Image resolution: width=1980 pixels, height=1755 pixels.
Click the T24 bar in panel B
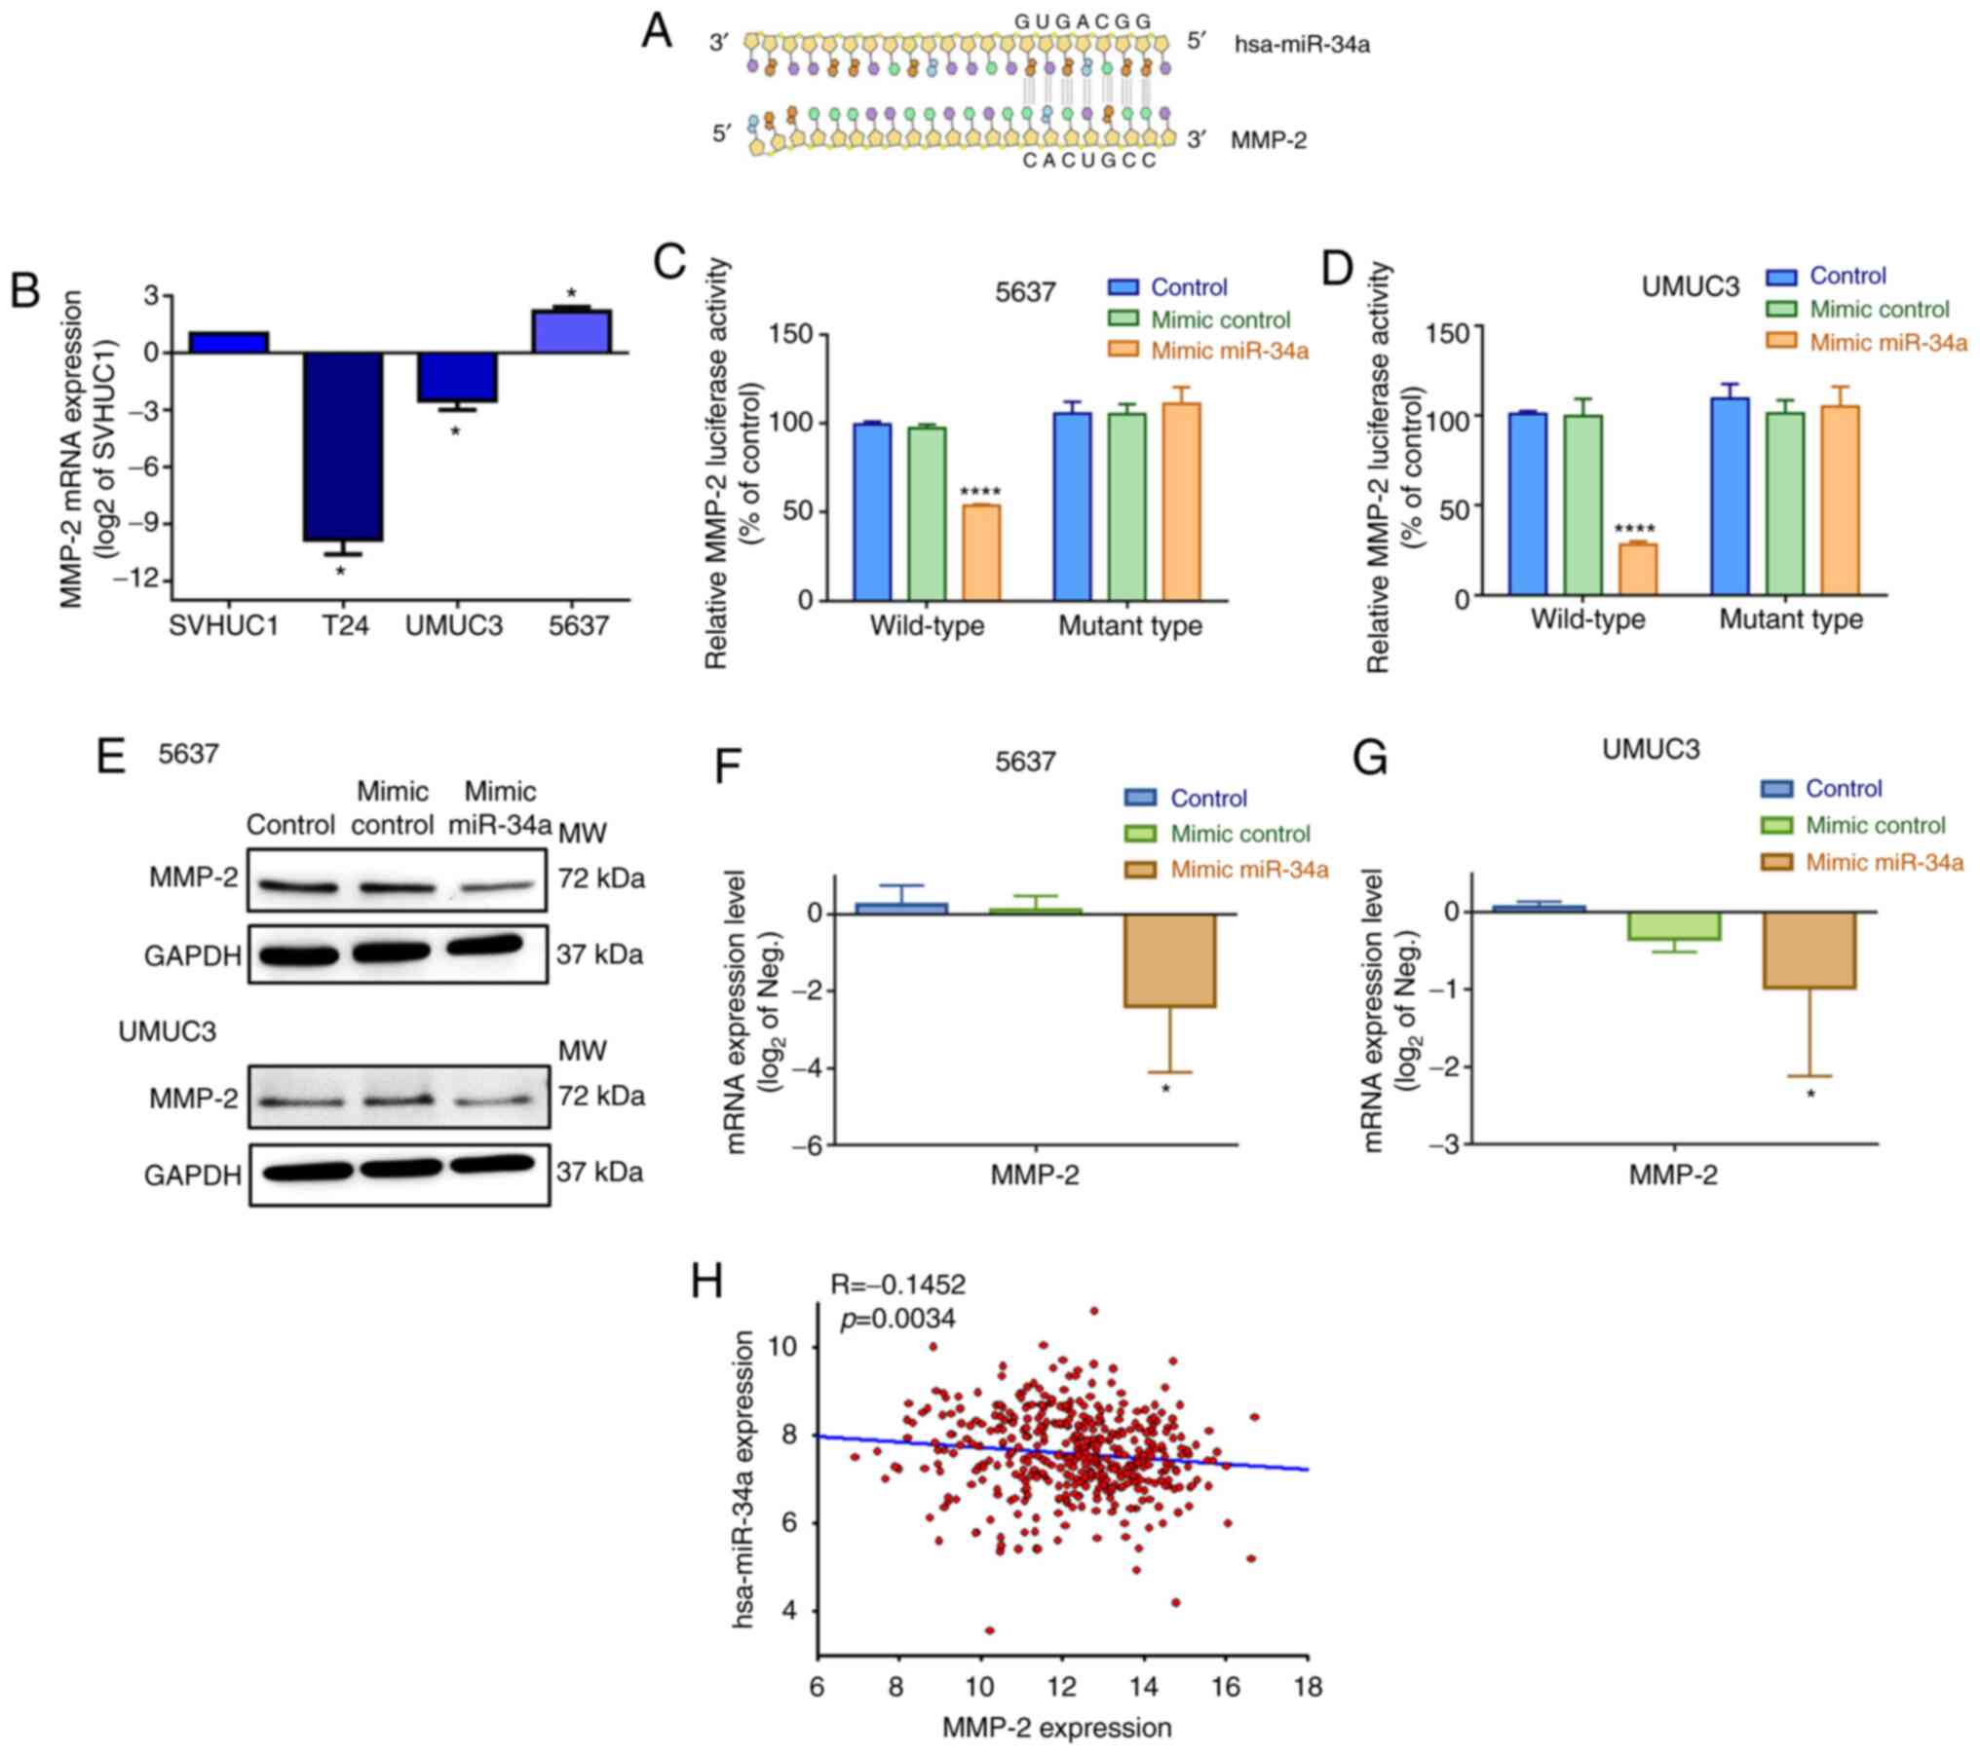click(342, 446)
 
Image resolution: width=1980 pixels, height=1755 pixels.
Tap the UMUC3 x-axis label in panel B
click(454, 625)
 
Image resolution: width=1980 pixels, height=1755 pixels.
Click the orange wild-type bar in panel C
click(981, 551)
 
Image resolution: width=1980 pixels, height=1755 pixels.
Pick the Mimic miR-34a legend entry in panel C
click(1229, 351)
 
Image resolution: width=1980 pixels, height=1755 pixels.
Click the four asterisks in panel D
click(1635, 531)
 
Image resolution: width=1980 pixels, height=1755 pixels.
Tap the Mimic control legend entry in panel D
click(1879, 310)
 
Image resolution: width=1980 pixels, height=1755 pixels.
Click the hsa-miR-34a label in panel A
click(1302, 45)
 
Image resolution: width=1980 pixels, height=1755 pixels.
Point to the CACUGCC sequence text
click(1089, 161)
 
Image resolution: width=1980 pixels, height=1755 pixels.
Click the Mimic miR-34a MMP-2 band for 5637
click(497, 887)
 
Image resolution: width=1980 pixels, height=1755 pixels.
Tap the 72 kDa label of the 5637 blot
click(600, 878)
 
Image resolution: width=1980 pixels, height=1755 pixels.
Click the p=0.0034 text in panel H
click(897, 1319)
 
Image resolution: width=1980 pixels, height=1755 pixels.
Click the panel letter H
click(707, 1283)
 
